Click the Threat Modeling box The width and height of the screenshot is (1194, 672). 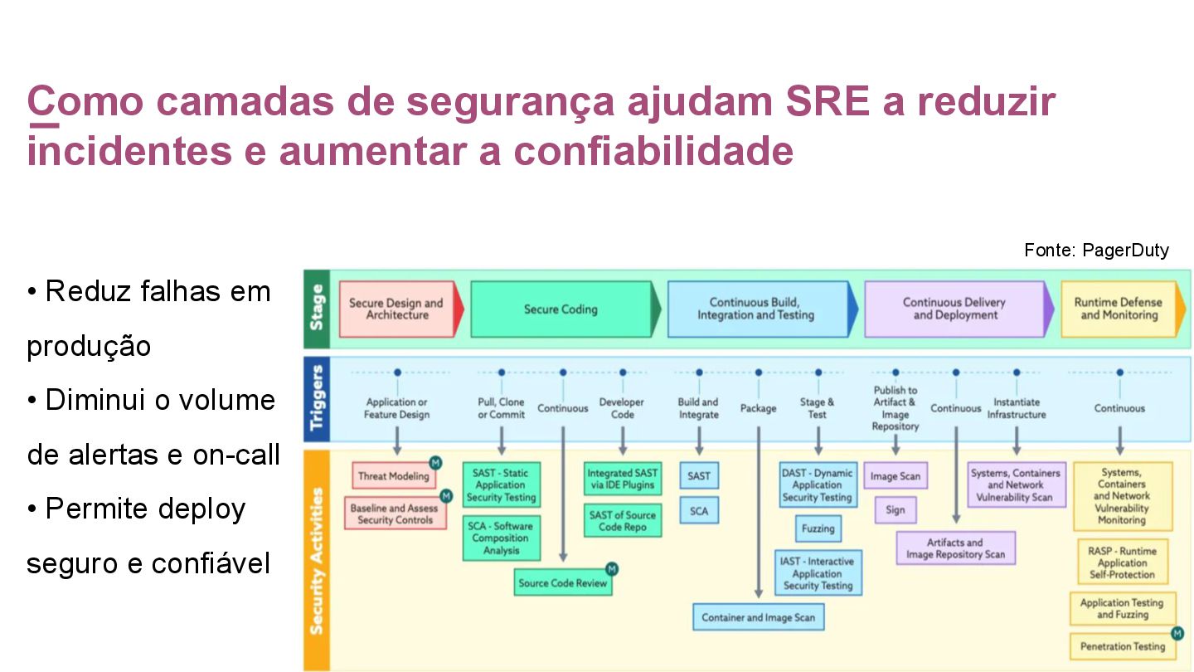click(x=393, y=476)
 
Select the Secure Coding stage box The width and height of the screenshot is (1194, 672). click(x=561, y=309)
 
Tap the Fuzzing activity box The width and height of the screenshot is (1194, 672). click(x=818, y=528)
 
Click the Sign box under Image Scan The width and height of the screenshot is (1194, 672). click(x=895, y=509)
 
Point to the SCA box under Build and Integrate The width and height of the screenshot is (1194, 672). click(x=699, y=511)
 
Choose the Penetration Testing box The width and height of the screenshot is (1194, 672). click(x=1122, y=646)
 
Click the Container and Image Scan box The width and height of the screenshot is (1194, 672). click(x=758, y=617)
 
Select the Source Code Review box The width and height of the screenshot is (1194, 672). click(x=563, y=582)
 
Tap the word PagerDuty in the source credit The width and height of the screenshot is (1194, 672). click(x=1125, y=251)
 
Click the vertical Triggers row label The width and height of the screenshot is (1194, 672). click(x=317, y=399)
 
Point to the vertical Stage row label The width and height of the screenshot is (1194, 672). click(x=317, y=308)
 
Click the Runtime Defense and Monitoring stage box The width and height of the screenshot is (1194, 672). click(x=1118, y=309)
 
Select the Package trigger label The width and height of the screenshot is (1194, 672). click(x=758, y=408)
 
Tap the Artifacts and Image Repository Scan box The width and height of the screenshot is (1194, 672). click(x=955, y=548)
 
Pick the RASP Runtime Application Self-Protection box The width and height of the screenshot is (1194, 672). click(x=1121, y=562)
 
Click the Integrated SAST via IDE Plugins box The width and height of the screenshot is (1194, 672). click(x=622, y=480)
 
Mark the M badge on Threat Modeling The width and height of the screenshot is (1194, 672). click(x=435, y=462)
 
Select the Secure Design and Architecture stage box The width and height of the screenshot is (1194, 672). click(x=396, y=309)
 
